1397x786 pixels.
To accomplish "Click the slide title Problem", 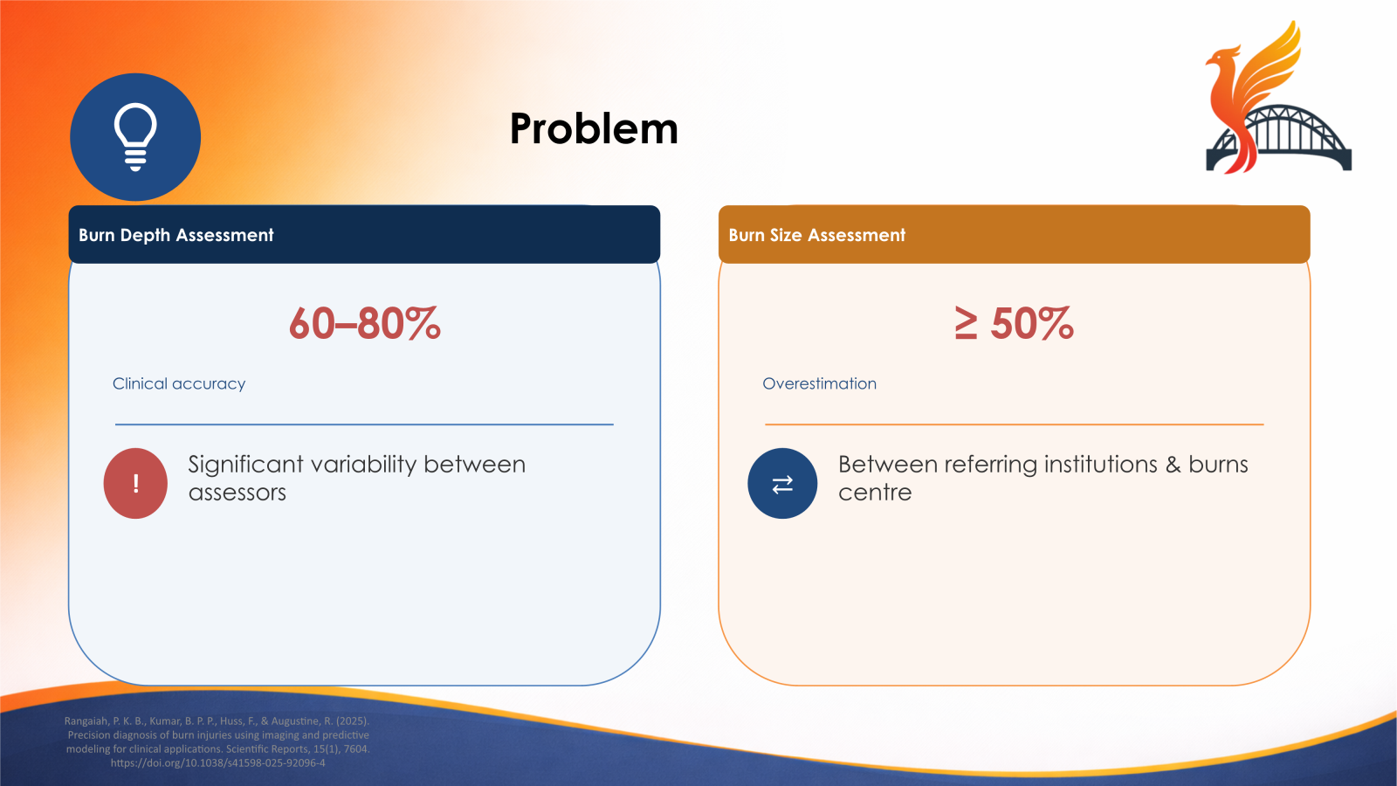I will [594, 129].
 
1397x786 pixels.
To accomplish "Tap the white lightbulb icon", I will [135, 136].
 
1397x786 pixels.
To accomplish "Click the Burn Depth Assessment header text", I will [175, 235].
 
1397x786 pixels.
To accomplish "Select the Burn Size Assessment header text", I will [816, 235].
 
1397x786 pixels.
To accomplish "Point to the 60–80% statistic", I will [364, 323].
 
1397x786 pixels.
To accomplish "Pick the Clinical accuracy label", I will [178, 383].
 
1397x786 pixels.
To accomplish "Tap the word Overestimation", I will [819, 383].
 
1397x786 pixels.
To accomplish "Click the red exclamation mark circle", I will [135, 483].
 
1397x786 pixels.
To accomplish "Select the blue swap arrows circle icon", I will [782, 483].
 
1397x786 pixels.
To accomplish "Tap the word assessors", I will [237, 493].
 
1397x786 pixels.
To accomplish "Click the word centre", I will [874, 493].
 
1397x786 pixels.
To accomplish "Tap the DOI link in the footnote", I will [217, 762].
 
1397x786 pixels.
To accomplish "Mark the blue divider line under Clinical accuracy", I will [364, 424].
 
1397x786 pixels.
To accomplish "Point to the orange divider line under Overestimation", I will [1014, 424].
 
